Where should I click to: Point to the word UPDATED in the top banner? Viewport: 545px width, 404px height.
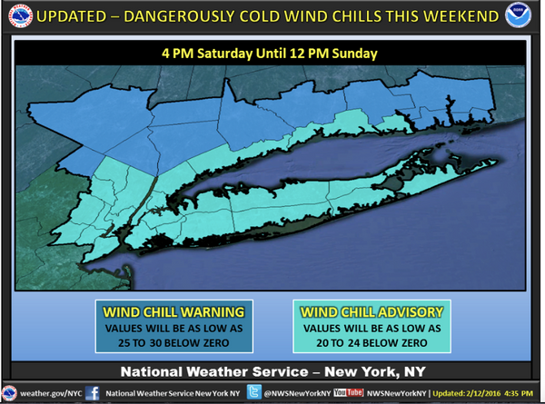point(74,15)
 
